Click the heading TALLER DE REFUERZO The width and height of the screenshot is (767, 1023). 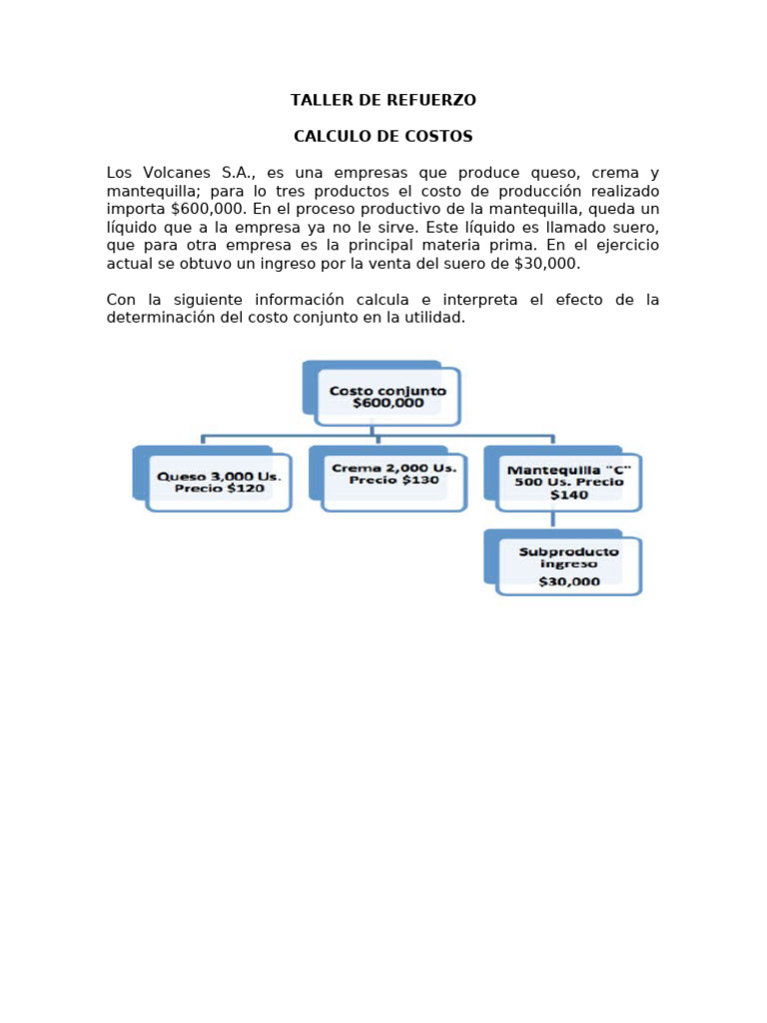point(383,100)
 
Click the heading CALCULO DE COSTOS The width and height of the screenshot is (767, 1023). point(383,136)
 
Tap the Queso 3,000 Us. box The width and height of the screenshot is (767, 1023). point(219,483)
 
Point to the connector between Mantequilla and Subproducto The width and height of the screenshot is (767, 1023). point(553,520)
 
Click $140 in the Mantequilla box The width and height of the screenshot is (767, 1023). point(569,495)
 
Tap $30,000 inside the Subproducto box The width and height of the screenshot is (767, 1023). point(569,580)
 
